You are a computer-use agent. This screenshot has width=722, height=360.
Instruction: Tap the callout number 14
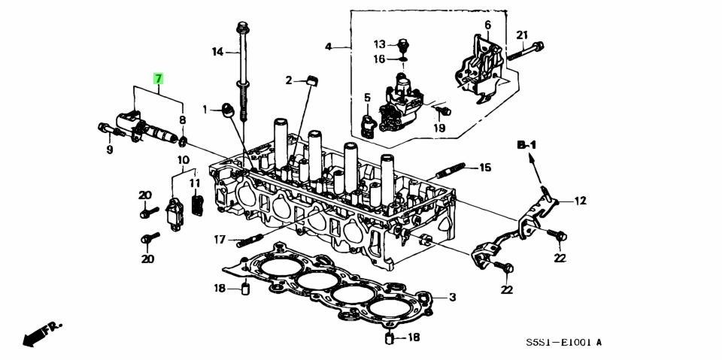pyautogui.click(x=217, y=51)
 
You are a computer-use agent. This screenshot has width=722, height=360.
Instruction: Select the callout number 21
pyautogui.click(x=523, y=35)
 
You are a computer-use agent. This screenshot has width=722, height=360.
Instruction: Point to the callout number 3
pyautogui.click(x=452, y=298)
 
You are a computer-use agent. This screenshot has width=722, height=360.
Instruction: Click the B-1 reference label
pyautogui.click(x=525, y=144)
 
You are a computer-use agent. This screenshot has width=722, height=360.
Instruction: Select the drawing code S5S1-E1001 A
pyautogui.click(x=563, y=343)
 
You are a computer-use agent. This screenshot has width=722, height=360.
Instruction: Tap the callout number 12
pyautogui.click(x=580, y=201)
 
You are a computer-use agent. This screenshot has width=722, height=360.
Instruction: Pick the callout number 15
pyautogui.click(x=484, y=167)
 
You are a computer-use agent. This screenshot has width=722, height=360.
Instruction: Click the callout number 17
pyautogui.click(x=219, y=240)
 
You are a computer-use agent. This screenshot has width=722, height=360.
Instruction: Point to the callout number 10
pyautogui.click(x=183, y=160)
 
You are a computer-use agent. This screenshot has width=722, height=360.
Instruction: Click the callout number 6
pyautogui.click(x=487, y=25)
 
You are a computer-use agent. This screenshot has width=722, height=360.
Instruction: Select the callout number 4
pyautogui.click(x=328, y=47)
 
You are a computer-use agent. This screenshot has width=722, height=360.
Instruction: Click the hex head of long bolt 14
pyautogui.click(x=243, y=29)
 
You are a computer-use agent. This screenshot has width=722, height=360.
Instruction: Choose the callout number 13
pyautogui.click(x=380, y=44)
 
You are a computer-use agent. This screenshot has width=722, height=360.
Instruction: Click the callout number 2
pyautogui.click(x=288, y=80)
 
